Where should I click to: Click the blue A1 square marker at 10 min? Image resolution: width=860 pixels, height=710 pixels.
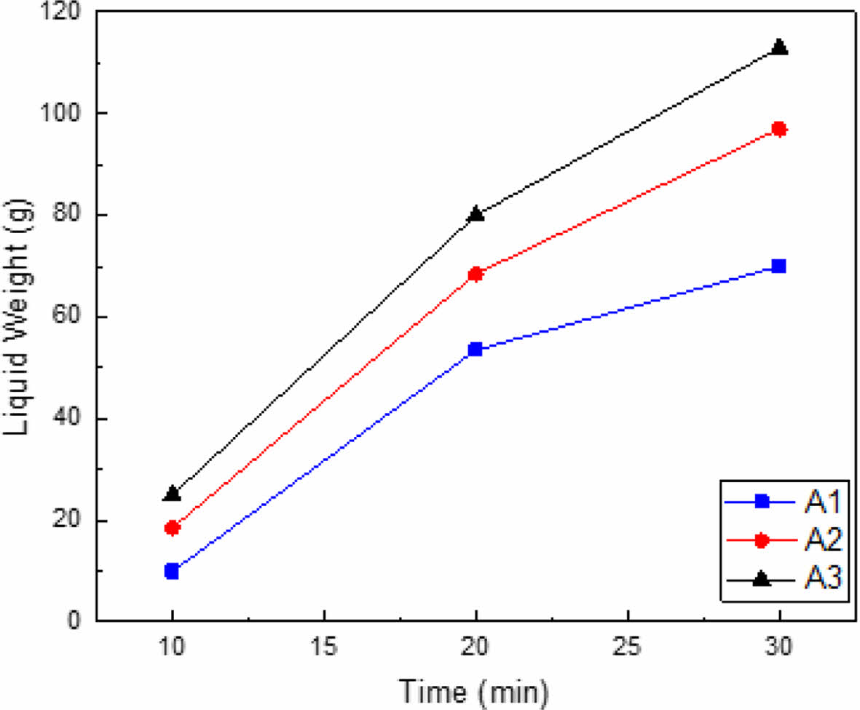[x=172, y=571]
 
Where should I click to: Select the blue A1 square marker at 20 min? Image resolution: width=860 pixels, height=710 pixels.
[x=476, y=350]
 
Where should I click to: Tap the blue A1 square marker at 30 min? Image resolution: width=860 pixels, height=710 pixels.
[x=778, y=266]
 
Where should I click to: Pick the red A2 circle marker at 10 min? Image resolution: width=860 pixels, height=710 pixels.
[x=172, y=528]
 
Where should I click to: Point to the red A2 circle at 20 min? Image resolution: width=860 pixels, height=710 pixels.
[x=476, y=275]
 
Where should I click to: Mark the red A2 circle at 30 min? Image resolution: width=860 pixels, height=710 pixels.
[x=778, y=130]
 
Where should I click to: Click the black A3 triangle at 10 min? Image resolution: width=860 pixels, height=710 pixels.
[x=172, y=494]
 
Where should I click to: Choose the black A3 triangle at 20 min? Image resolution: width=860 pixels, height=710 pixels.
[x=476, y=214]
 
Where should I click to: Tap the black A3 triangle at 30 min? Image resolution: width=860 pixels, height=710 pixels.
[x=778, y=47]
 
